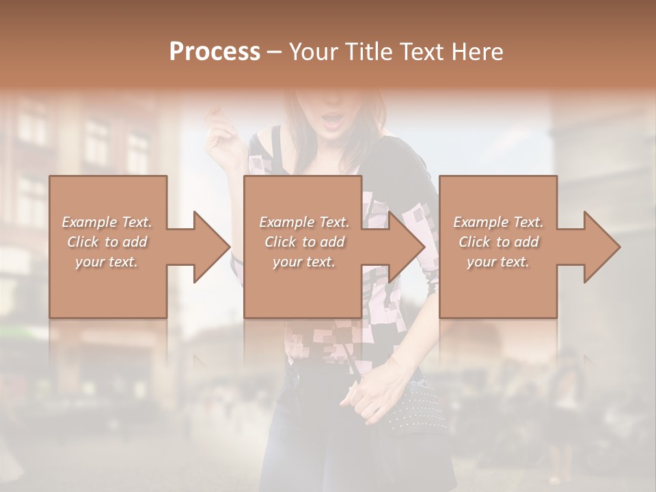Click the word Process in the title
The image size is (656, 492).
215,52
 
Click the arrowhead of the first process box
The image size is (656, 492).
212,247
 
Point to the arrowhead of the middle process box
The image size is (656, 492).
407,247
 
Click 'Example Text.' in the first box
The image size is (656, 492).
107,222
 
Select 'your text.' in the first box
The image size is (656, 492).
107,262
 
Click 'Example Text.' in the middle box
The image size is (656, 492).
304,222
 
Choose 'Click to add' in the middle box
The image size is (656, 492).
304,242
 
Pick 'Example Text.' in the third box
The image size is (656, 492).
498,222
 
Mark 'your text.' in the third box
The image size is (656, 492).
498,262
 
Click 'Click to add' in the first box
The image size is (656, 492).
107,242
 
